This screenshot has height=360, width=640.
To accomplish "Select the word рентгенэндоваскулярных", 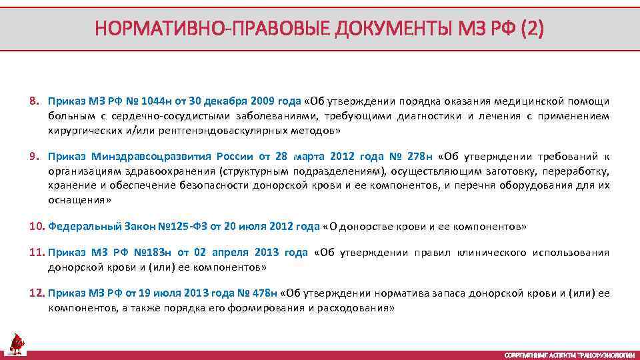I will [x=209, y=131].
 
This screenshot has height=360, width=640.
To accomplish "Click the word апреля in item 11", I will [x=231, y=253].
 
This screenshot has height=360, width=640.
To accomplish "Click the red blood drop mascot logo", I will [x=16, y=343].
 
